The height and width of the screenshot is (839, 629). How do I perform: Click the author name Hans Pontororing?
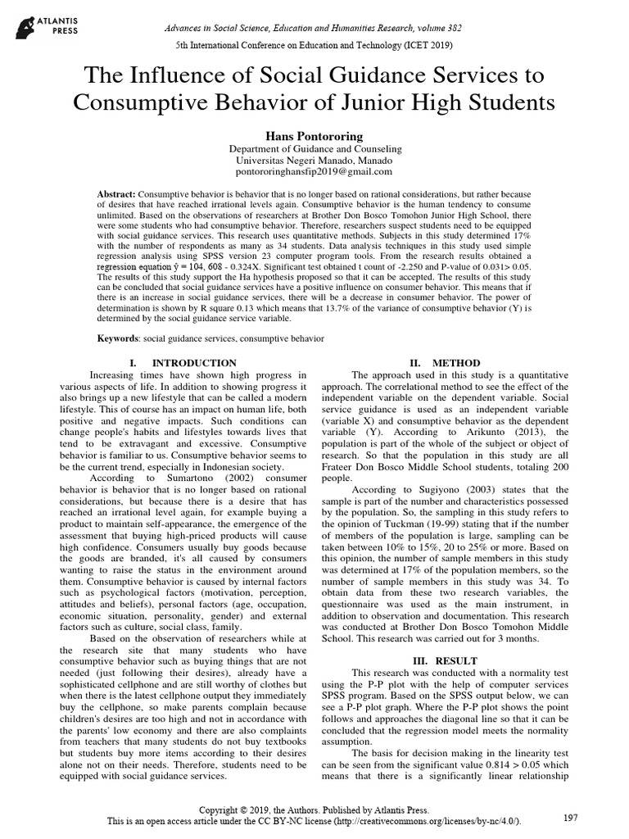pyautogui.click(x=314, y=134)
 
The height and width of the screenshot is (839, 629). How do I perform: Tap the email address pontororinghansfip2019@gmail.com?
pyautogui.click(x=314, y=172)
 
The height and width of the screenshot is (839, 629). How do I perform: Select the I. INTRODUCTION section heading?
pyautogui.click(x=183, y=362)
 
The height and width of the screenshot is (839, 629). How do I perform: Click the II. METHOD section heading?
pyautogui.click(x=445, y=362)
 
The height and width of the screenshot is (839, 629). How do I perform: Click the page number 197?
pyautogui.click(x=571, y=818)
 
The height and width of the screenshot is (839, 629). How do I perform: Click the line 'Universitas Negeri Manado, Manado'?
pyautogui.click(x=314, y=161)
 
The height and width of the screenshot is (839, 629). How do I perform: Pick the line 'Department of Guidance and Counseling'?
pyautogui.click(x=314, y=149)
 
